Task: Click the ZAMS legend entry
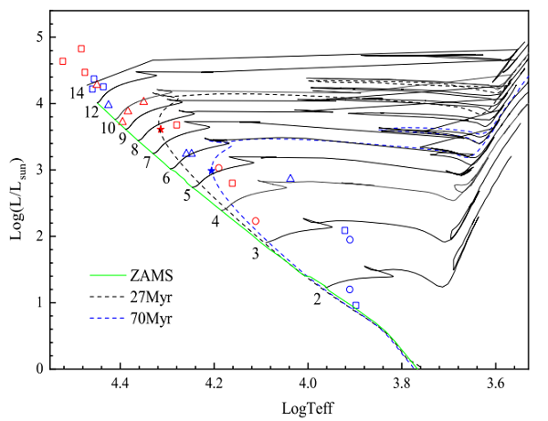pyautogui.click(x=152, y=273)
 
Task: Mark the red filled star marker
pyautogui.click(x=161, y=130)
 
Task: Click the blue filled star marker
pyautogui.click(x=211, y=171)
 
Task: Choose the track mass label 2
pyautogui.click(x=317, y=298)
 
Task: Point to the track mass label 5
pyautogui.click(x=186, y=195)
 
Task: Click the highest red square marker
pyautogui.click(x=81, y=48)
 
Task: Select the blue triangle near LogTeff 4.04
pyautogui.click(x=290, y=179)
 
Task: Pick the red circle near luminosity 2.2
pyautogui.click(x=256, y=221)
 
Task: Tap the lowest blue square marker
pyautogui.click(x=356, y=305)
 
